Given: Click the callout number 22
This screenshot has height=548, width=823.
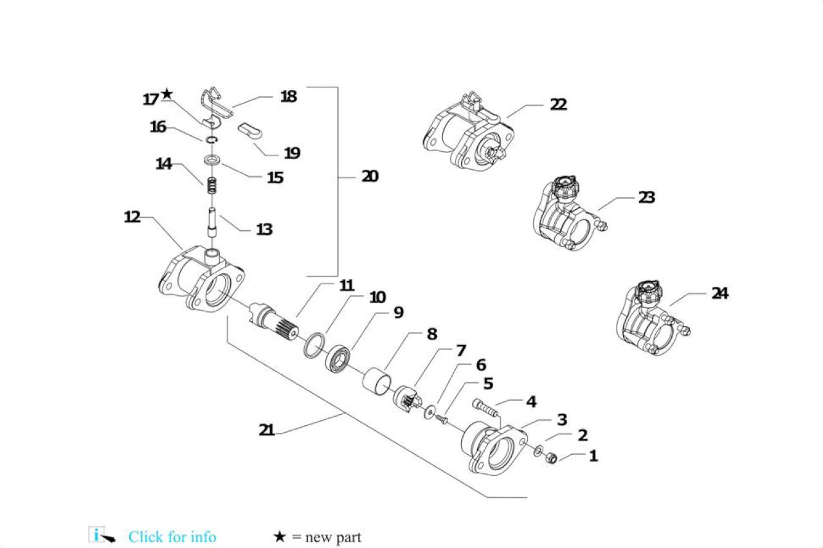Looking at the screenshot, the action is pyautogui.click(x=558, y=104).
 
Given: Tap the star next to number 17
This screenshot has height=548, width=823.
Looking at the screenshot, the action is pyautogui.click(x=167, y=94).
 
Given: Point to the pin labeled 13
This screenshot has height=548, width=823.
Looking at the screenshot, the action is pyautogui.click(x=212, y=223).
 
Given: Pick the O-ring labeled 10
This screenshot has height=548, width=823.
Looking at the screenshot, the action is pyautogui.click(x=315, y=345).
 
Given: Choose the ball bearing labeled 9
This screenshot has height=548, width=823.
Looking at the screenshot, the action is pyautogui.click(x=338, y=359).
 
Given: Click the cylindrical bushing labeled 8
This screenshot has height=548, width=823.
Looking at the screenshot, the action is pyautogui.click(x=376, y=382).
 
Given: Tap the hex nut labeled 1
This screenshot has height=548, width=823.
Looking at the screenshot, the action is pyautogui.click(x=551, y=458).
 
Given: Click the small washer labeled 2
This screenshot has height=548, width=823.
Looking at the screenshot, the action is pyautogui.click(x=539, y=451).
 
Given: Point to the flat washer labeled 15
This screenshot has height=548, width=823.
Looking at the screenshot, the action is pyautogui.click(x=212, y=160).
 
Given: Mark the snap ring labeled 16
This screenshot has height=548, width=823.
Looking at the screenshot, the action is pyautogui.click(x=212, y=140).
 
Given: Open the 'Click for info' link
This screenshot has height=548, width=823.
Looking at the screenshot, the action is pyautogui.click(x=172, y=537).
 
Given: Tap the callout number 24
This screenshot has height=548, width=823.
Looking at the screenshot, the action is pyautogui.click(x=719, y=293).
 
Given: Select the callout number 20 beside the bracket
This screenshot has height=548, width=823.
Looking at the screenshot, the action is pyautogui.click(x=370, y=176).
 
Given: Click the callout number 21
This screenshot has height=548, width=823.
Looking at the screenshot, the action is pyautogui.click(x=267, y=430).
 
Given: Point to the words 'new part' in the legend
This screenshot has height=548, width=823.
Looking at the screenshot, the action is pyautogui.click(x=333, y=537).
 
